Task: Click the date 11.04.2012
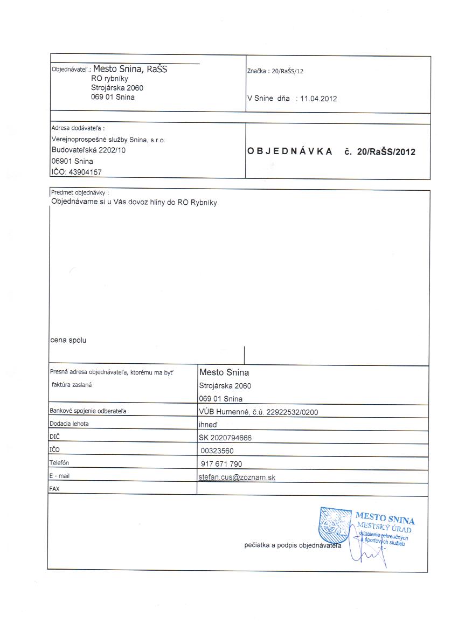coord(318,99)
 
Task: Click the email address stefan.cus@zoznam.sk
coord(237,477)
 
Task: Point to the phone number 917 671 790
coord(221,464)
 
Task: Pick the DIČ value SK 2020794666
coord(225,438)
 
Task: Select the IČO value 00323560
coord(217,451)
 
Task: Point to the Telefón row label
coord(59,463)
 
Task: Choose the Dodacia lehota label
coord(69,424)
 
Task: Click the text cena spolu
coord(68,341)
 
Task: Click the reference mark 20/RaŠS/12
coord(288,71)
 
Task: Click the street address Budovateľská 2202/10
coord(88,150)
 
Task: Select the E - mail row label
coord(59,476)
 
